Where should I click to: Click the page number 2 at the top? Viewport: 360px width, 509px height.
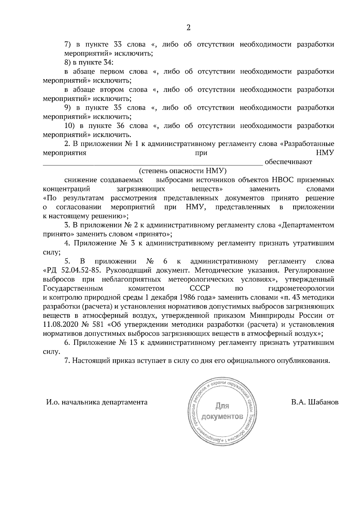point(188,28)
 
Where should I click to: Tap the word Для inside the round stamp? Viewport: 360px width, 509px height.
point(222,406)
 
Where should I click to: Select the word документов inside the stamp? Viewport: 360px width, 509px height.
point(222,417)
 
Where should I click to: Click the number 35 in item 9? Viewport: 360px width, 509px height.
point(119,108)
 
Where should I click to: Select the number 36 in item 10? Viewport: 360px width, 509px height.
point(119,126)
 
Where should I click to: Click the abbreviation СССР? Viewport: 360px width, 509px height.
point(200,288)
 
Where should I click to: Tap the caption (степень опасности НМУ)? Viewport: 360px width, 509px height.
point(182,171)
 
